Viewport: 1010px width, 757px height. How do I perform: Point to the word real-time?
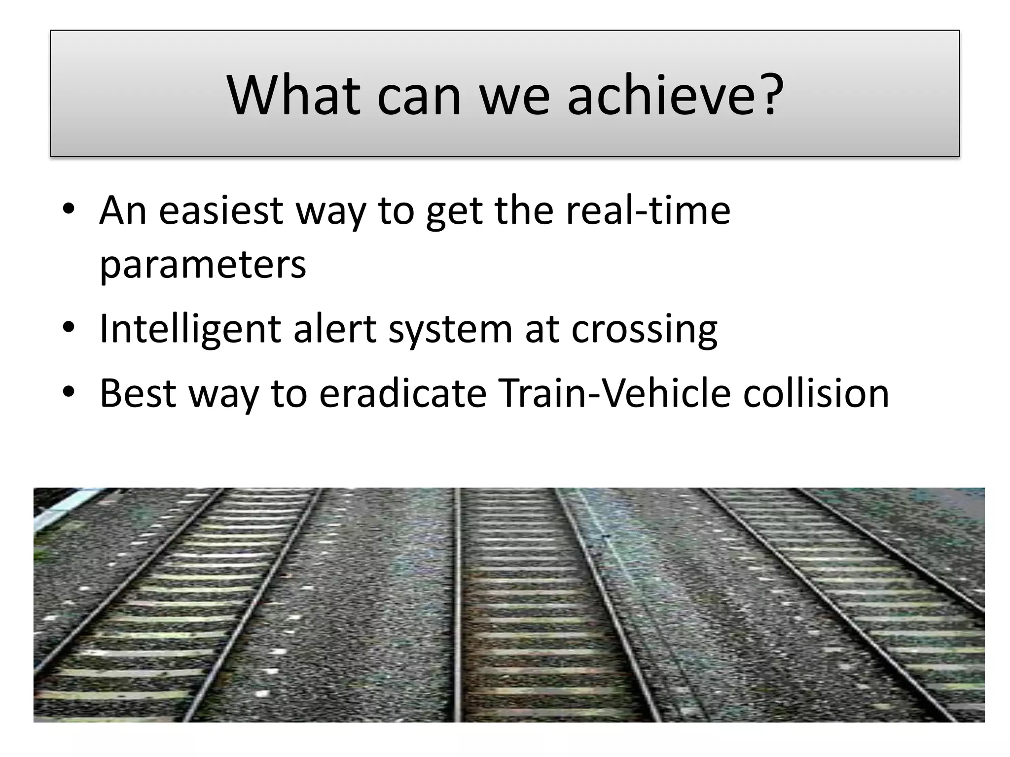648,211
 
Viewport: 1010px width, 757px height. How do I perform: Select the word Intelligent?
190,329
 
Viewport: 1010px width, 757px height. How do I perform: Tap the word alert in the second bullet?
335,329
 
